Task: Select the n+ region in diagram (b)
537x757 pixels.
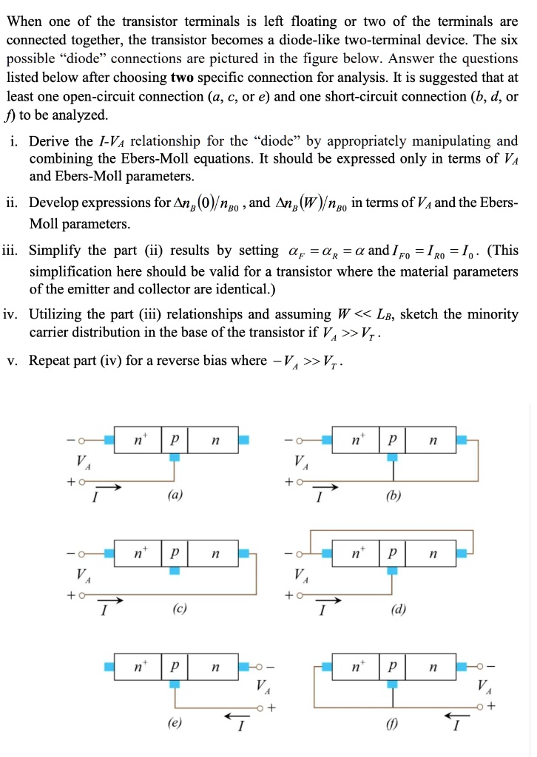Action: [x=355, y=441]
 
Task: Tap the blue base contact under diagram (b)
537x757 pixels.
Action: [x=392, y=458]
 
